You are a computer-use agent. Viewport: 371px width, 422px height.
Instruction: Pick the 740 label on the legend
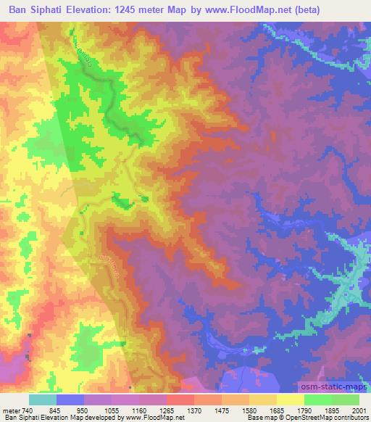[x=28, y=408]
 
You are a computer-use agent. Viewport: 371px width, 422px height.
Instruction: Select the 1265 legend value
[x=166, y=408]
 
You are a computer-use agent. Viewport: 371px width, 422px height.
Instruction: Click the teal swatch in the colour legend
[x=43, y=400]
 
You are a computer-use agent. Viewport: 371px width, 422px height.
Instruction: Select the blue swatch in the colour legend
[x=70, y=400]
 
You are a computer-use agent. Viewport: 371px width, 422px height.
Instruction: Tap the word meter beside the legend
[x=11, y=408]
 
